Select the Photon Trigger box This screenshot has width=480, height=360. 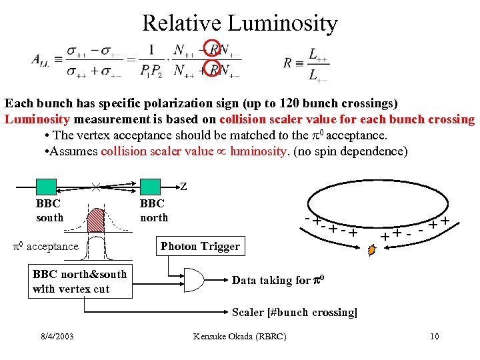click(200, 247)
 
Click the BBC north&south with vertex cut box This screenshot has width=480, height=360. click(80, 281)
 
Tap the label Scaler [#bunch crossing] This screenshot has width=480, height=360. click(294, 312)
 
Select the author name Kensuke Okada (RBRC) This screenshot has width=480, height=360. click(239, 336)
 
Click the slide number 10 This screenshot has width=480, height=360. click(434, 336)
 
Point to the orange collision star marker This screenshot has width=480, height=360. click(373, 251)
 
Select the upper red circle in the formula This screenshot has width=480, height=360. click(213, 48)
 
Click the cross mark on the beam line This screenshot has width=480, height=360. click(96, 188)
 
